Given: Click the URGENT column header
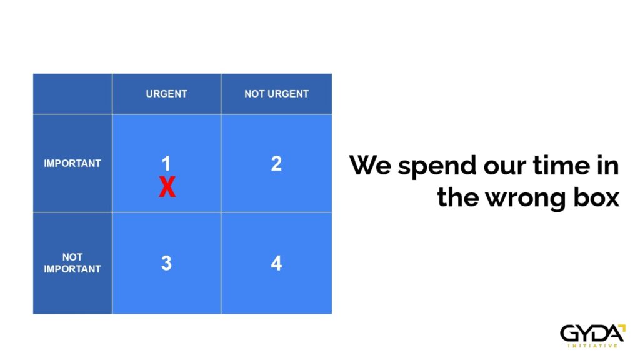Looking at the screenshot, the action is pos(166,94).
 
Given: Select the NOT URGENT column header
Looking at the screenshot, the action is pos(276,94).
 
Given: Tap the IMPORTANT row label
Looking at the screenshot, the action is pos(72,163).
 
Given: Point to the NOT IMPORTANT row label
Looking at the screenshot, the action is pos(72,263).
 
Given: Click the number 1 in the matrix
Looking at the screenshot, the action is pos(166,163).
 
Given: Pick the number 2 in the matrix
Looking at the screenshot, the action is pos(276,163).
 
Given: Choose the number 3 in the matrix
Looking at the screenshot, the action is pos(166,263).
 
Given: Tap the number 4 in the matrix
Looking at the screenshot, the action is pos(276,263).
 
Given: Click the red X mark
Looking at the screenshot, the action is pos(167,187).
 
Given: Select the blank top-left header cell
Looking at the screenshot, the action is pos(72,94).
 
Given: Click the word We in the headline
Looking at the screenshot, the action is pos(370,165).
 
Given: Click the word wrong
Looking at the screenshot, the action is pos(526,200).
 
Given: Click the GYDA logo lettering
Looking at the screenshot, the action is pos(591,334).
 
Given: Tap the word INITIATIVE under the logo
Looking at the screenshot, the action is pos(592,346).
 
